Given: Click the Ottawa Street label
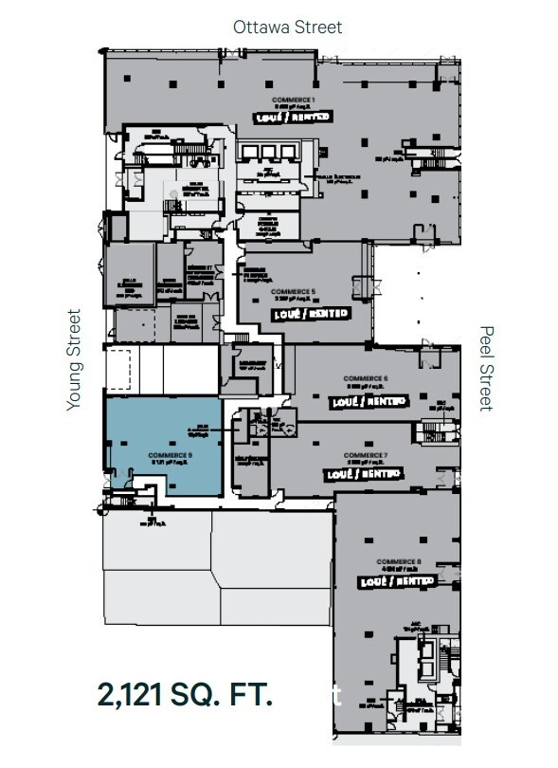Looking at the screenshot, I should click(x=288, y=27).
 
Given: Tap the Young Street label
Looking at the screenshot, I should click(x=75, y=360).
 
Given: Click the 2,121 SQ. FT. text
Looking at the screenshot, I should click(x=186, y=694).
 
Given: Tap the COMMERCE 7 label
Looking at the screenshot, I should click(x=364, y=453).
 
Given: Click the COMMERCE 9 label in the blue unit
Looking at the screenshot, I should click(x=171, y=455).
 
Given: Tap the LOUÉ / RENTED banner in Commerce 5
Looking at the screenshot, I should click(x=311, y=312).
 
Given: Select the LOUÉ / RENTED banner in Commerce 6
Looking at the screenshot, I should click(x=367, y=401).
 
